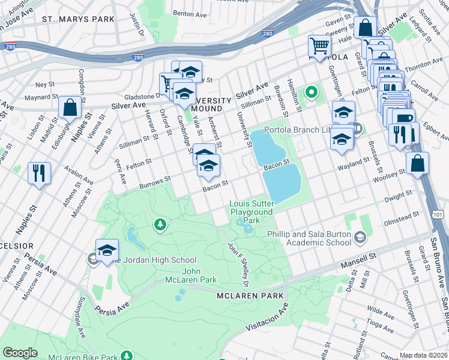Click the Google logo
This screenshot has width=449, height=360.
click(20, 353)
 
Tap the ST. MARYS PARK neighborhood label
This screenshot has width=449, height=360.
click(78, 19)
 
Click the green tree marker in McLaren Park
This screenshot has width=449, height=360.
click(160, 225)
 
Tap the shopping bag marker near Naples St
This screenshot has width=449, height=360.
click(70, 108)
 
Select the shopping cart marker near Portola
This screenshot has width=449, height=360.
click(319, 46)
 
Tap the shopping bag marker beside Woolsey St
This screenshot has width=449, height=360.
click(417, 163)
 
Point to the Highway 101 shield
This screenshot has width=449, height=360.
click(441, 214)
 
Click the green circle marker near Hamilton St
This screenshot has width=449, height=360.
click(311, 92)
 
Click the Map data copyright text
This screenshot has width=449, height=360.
click(424, 355)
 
